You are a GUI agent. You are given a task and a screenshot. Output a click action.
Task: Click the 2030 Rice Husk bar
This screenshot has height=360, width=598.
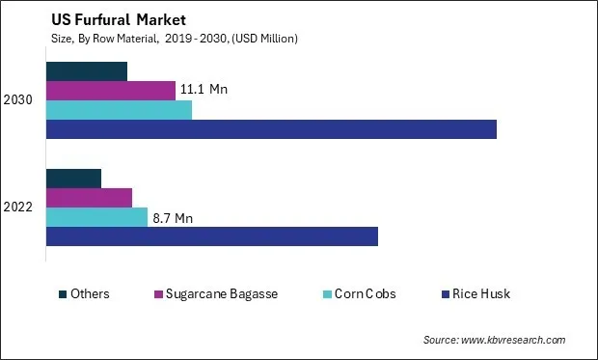click(x=271, y=129)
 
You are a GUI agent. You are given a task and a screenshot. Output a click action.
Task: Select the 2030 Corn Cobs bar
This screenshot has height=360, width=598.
click(x=119, y=110)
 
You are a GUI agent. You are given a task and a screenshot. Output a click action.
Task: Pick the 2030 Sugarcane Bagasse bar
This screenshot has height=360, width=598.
click(x=111, y=91)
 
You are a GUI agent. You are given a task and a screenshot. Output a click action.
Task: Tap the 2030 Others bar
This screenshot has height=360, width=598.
click(x=87, y=71)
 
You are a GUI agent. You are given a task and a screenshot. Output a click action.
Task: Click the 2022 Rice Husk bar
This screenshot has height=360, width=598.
click(x=212, y=236)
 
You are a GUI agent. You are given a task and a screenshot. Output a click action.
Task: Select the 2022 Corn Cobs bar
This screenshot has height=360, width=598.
click(x=96, y=217)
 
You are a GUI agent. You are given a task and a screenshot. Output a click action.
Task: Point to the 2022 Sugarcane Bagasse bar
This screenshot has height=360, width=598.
click(x=89, y=198)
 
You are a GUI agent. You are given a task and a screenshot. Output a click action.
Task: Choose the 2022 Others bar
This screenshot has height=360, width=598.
click(x=73, y=179)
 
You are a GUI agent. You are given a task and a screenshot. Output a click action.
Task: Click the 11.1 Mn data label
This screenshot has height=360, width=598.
click(x=204, y=90)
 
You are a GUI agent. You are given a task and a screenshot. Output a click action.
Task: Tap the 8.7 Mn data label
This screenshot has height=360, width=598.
click(x=173, y=218)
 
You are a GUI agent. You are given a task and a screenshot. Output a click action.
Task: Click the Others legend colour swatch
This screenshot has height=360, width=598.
click(x=63, y=293)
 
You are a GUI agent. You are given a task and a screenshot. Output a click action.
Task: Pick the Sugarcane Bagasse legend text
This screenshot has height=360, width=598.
click(x=222, y=293)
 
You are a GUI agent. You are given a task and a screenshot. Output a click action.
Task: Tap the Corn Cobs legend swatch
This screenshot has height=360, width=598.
click(x=328, y=293)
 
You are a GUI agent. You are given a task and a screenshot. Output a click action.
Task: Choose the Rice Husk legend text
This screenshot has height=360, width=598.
click(x=481, y=293)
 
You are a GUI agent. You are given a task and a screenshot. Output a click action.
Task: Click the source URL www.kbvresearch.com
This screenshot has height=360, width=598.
click(x=512, y=340)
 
